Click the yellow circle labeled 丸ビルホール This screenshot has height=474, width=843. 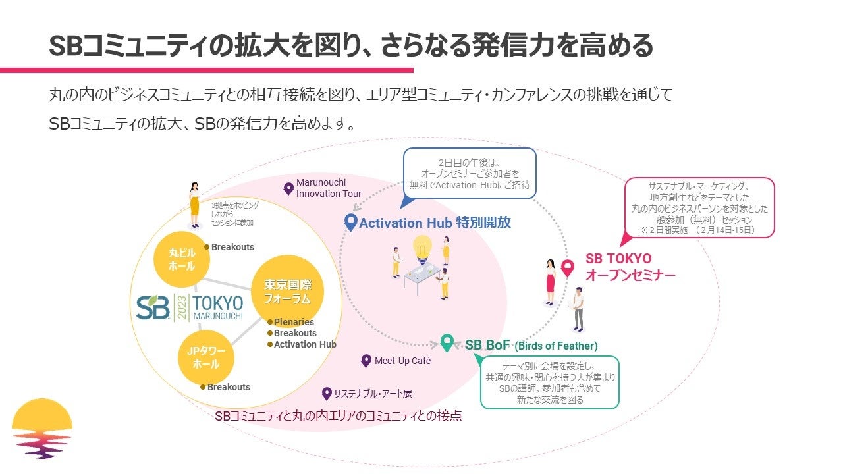coord(182,260)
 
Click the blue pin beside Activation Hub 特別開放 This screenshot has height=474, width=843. coord(351,222)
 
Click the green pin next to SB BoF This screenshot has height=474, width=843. coord(447,343)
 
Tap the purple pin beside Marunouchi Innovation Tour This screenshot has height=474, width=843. coord(288,189)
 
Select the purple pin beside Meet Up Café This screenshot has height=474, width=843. coord(366,361)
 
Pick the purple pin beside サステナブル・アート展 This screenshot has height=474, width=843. coord(326,394)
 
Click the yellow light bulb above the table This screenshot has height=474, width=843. coord(421,249)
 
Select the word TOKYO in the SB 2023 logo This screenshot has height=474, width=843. coord(218,303)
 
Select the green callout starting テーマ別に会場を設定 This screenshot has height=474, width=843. coord(550,382)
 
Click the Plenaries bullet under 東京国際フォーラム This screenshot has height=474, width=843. coord(293,322)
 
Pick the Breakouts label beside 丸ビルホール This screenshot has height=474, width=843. coord(232,247)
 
